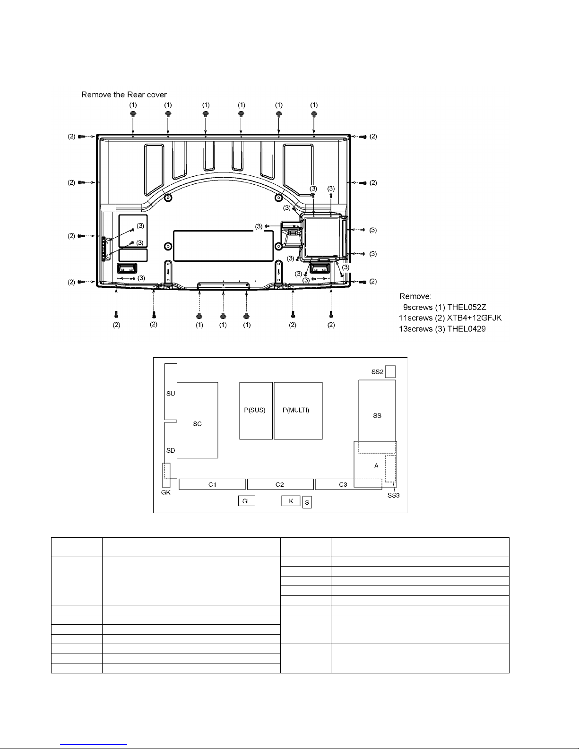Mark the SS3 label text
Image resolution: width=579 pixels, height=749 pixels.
pyautogui.click(x=393, y=495)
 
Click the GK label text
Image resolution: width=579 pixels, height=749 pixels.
pyautogui.click(x=166, y=492)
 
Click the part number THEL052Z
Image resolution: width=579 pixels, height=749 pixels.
pyautogui.click(x=467, y=307)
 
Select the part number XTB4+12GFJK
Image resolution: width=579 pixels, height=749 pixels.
pyautogui.click(x=474, y=318)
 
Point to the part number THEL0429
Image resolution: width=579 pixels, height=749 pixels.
pyautogui.click(x=467, y=329)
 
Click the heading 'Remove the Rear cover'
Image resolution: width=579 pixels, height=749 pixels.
pyautogui.click(x=124, y=95)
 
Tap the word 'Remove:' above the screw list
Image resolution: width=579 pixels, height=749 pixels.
pyautogui.click(x=415, y=296)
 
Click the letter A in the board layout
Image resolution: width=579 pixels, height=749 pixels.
pyautogui.click(x=376, y=465)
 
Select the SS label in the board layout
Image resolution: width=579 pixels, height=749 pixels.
pyautogui.click(x=377, y=416)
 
